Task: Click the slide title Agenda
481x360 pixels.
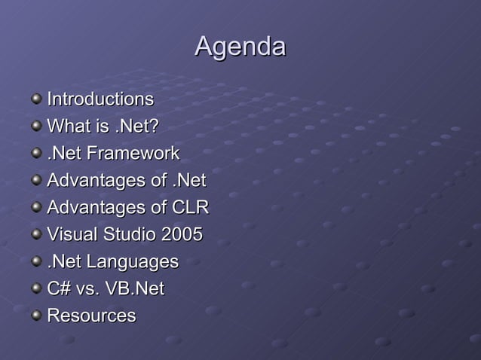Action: pos(240,47)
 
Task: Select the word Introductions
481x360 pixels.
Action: pos(100,99)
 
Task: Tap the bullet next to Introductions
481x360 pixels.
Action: pos(36,99)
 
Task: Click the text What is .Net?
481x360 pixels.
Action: pos(103,127)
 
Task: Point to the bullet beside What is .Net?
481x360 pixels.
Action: pos(36,126)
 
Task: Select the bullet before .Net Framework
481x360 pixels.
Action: pos(36,153)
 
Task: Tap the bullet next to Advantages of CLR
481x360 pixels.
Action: pos(36,207)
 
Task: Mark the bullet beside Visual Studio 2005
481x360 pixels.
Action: pos(36,234)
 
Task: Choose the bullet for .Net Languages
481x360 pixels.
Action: pos(36,261)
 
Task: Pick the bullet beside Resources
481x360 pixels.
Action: pos(36,316)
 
